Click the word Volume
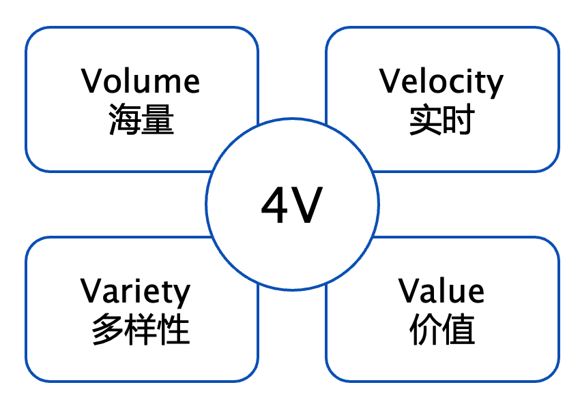pos(141,81)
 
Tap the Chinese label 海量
pos(141,121)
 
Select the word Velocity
pos(441,82)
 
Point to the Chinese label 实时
pos(441,121)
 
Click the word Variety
pos(135,292)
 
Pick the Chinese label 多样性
pos(141,331)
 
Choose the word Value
pos(441,291)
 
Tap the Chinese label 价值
pos(441,331)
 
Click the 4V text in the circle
pos(291,206)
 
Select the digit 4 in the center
pos(274,206)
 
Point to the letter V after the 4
pos(307,206)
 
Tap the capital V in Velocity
pos(391,81)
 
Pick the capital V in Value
pos(409,291)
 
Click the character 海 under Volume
pos(124,121)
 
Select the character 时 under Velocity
pos(459,121)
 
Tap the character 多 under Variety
pos(108,331)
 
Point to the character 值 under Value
pos(459,331)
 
